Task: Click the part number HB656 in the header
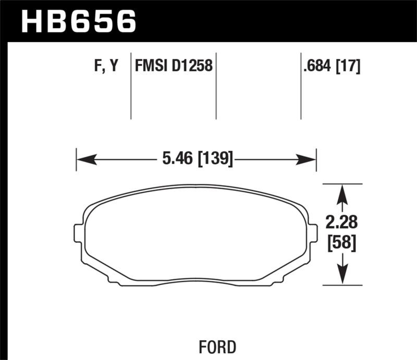tap(78, 22)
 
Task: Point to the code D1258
tap(193, 66)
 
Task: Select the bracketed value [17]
tap(350, 66)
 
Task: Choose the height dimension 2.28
tap(342, 222)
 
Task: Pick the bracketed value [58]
tap(342, 243)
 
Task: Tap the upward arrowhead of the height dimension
tap(342, 194)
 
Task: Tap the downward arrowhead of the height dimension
tap(342, 275)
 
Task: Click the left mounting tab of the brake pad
tap(79, 233)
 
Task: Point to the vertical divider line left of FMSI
tap(131, 86)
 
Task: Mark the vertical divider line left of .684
tap(301, 86)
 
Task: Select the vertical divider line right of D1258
tap(216, 86)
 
